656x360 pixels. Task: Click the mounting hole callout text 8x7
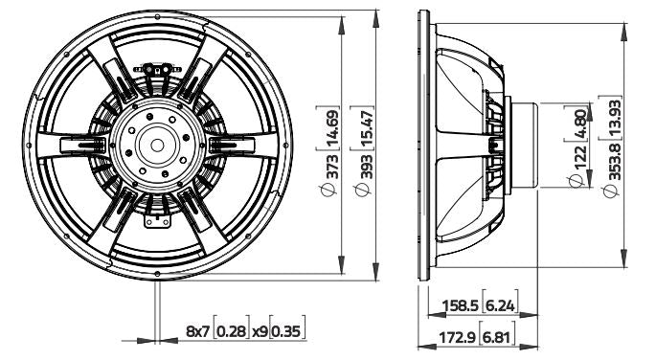click(x=196, y=333)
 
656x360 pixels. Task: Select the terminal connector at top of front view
click(x=159, y=70)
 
